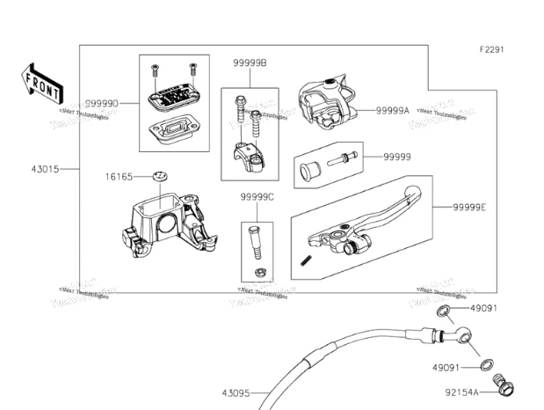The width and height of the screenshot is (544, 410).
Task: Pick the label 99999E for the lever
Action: click(471, 208)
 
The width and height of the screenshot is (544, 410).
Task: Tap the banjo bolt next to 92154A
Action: click(506, 386)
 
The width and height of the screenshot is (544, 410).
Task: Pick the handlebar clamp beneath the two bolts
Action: click(250, 157)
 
